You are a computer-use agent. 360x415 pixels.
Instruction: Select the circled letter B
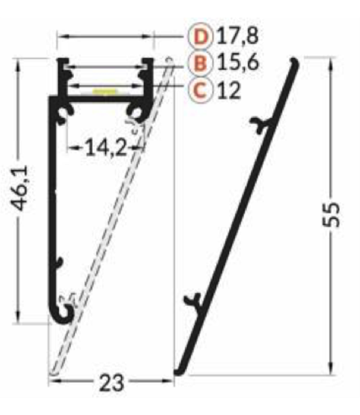pyautogui.click(x=200, y=63)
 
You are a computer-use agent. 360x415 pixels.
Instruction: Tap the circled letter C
pyautogui.click(x=200, y=90)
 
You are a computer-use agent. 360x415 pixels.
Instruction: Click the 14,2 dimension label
pyautogui.click(x=104, y=148)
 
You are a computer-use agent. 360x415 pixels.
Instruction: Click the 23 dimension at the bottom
pyautogui.click(x=112, y=383)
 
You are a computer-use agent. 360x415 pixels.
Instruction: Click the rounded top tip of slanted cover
pyautogui.click(x=295, y=63)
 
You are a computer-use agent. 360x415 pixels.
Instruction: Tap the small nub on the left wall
pyautogui.click(x=58, y=262)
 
